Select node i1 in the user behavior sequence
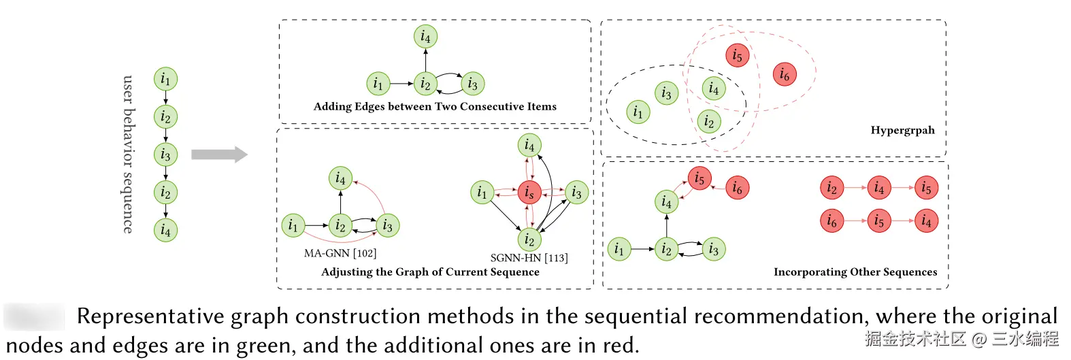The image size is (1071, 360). [x=165, y=79]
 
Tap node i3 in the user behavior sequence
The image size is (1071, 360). [x=165, y=154]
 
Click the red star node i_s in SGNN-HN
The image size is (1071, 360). [x=529, y=193]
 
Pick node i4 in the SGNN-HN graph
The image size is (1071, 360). [x=529, y=145]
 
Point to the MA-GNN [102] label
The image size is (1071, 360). [x=340, y=253]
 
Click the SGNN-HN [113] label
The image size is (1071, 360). [x=529, y=258]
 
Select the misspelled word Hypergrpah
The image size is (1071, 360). [x=902, y=130]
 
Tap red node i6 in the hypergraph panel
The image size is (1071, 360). [x=785, y=74]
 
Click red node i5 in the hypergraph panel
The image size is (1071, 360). [x=737, y=55]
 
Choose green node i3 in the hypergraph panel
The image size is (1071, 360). [x=666, y=93]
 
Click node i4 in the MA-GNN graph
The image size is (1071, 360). [x=340, y=178]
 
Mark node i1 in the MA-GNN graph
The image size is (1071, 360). [x=293, y=225]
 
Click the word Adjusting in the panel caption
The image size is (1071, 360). [x=346, y=272]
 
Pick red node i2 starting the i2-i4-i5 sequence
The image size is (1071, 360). [x=831, y=187]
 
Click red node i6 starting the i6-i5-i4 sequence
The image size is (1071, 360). [x=831, y=220]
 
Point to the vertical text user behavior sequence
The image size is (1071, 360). [x=127, y=154]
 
